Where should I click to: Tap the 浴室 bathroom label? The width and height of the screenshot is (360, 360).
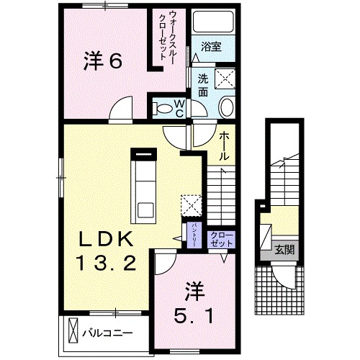(210, 48)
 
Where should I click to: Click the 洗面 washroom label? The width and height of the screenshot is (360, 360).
(204, 86)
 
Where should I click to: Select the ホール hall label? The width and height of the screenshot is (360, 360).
(224, 146)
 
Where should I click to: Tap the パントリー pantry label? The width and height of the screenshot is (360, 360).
(194, 235)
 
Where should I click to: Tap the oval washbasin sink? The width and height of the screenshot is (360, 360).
(225, 109)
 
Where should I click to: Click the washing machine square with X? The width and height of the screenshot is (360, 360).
(230, 78)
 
